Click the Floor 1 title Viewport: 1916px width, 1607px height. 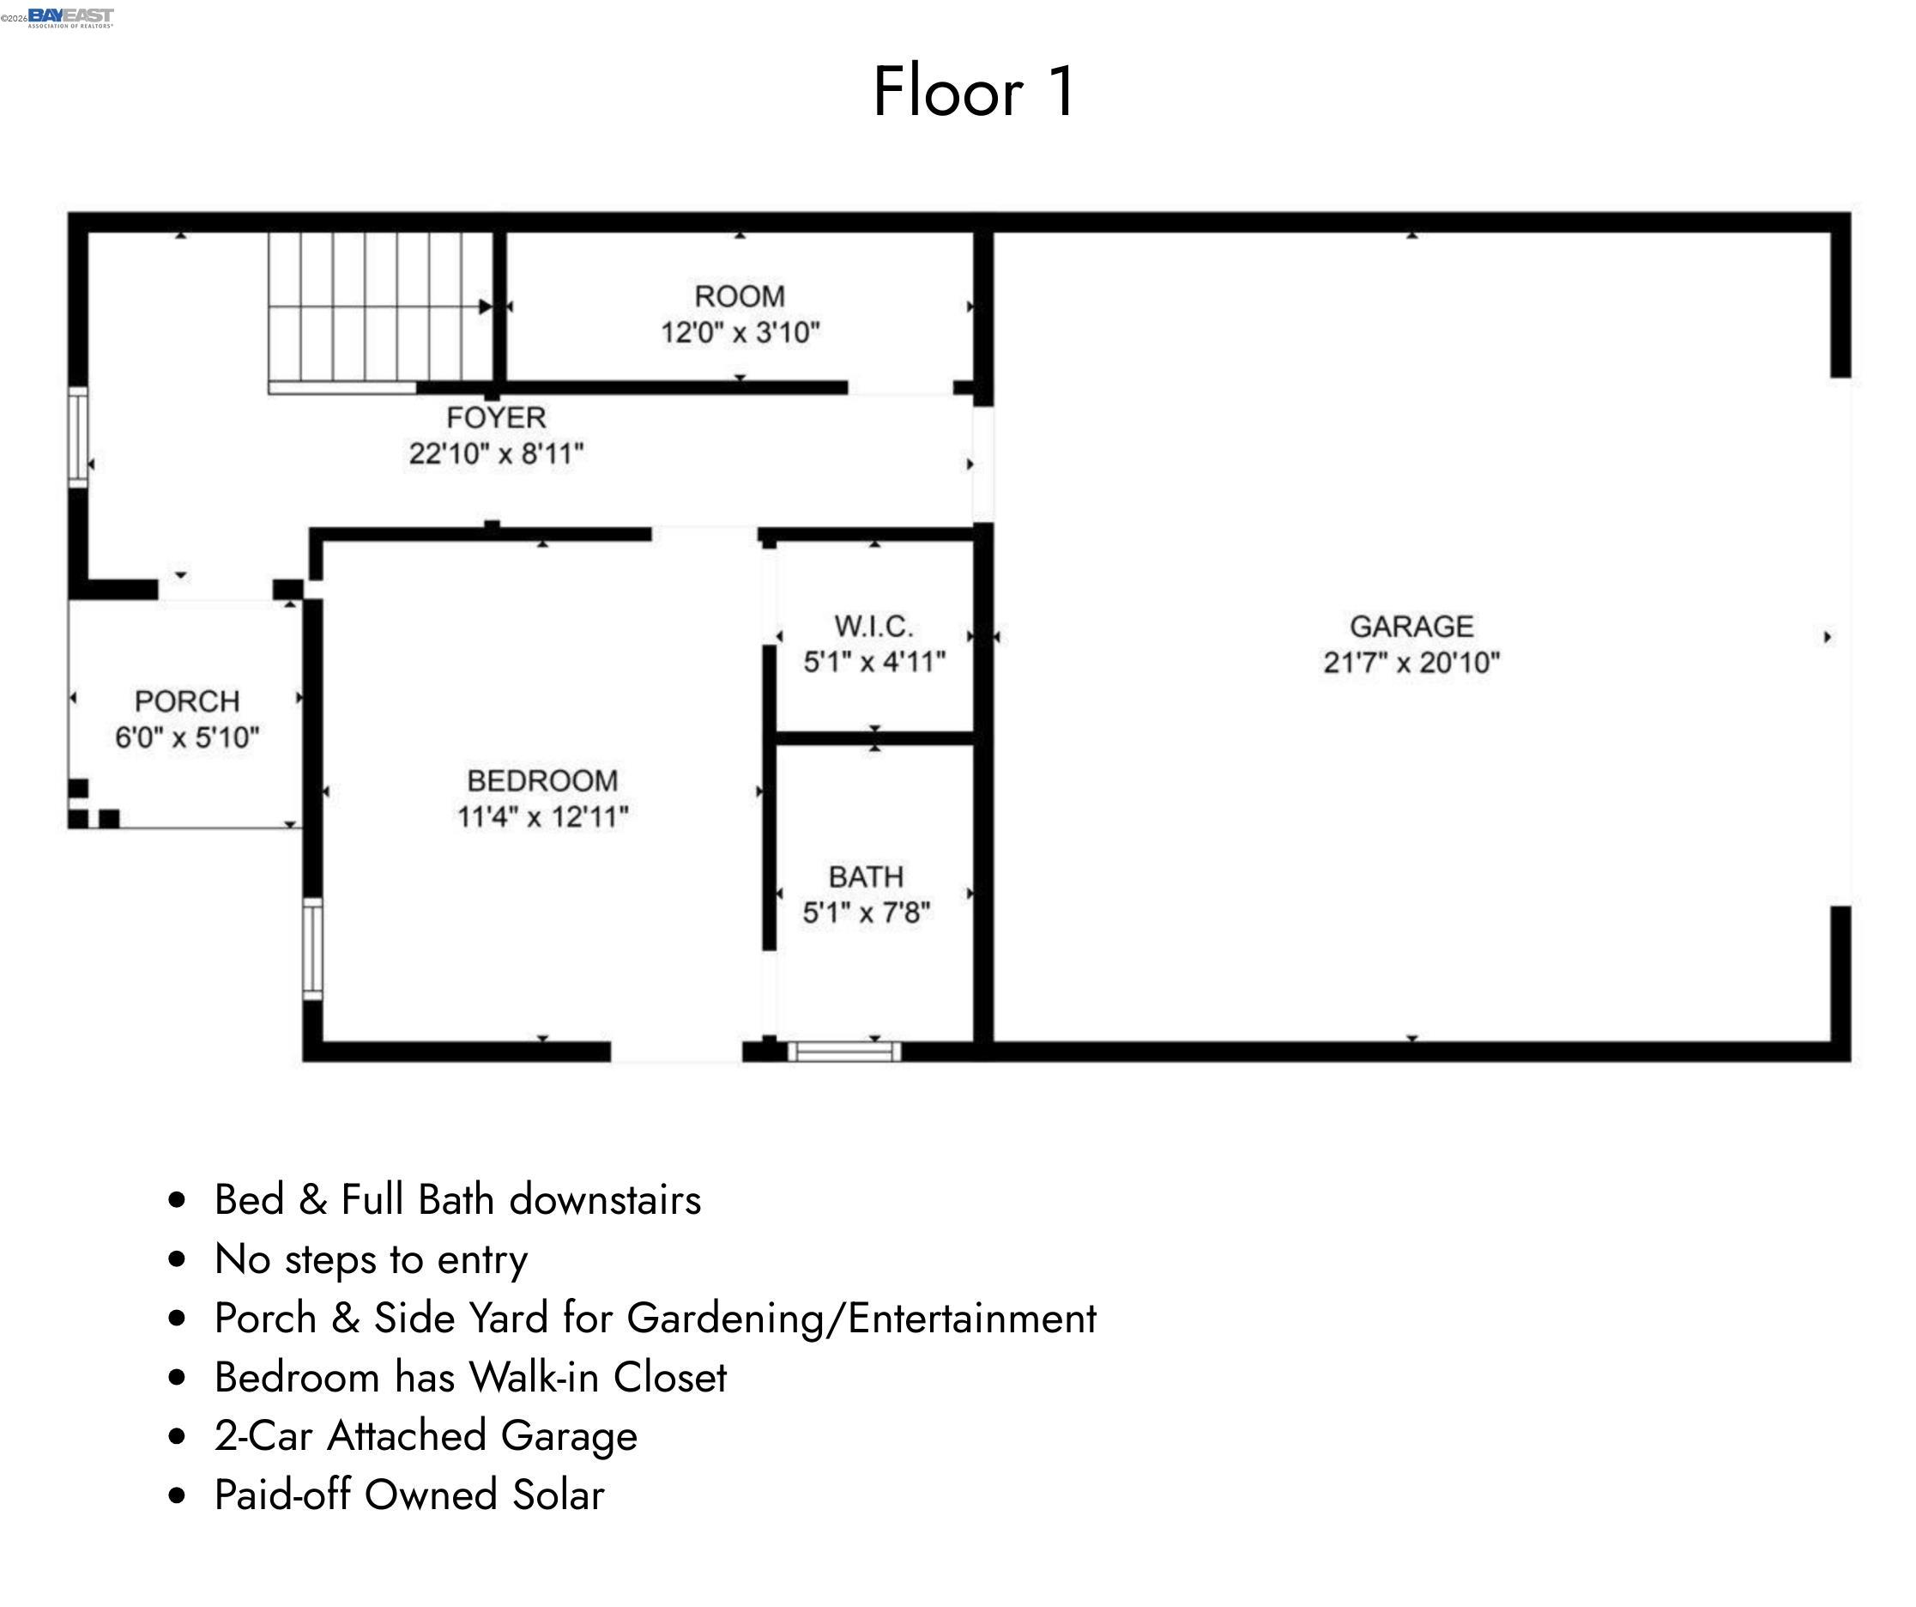[x=975, y=92]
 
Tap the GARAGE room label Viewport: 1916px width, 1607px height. [x=1411, y=627]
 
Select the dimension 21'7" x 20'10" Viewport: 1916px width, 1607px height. [x=1411, y=663]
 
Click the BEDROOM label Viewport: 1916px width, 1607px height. [x=543, y=781]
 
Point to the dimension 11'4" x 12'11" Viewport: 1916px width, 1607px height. [x=543, y=816]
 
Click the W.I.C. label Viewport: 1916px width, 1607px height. [x=873, y=627]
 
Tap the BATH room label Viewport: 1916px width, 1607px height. [x=866, y=877]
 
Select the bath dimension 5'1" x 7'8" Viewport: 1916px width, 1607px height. [x=866, y=913]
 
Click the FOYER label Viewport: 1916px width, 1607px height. [x=496, y=418]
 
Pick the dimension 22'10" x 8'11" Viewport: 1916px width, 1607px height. [x=496, y=453]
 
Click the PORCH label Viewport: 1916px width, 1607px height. [x=187, y=701]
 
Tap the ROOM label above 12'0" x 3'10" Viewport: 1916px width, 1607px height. [x=740, y=296]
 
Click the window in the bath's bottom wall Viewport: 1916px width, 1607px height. [x=845, y=1052]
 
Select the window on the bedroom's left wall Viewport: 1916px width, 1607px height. [x=312, y=949]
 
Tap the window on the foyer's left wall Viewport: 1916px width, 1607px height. [x=78, y=437]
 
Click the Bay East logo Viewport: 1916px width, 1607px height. [x=70, y=17]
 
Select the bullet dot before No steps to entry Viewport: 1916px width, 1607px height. [x=178, y=1259]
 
